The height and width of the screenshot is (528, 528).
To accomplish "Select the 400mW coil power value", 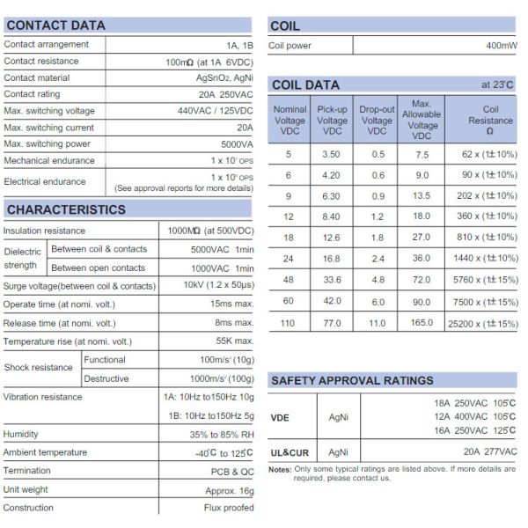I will coord(502,45).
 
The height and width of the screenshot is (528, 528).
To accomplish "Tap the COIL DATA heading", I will coord(305,84).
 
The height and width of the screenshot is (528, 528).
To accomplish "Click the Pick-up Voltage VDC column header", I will coord(333,121).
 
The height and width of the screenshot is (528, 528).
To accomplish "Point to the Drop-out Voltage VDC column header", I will coord(377,121).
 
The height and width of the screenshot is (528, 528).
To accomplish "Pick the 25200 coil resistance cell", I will coord(483,323).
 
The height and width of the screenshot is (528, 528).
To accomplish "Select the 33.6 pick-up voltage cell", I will coord(332,280).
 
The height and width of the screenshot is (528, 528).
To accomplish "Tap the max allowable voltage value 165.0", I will coord(422,323).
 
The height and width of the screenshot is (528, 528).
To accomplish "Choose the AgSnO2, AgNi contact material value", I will coord(224,77).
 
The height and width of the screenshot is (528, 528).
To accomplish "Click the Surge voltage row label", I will coord(79,286).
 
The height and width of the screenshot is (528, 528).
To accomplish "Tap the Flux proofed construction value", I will coord(228,508).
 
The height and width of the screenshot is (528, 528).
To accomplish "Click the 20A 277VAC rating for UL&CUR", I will coord(490,452).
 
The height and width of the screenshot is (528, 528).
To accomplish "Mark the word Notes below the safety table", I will coord(280,469).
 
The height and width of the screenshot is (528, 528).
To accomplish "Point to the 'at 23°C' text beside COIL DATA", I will coord(498,84).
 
